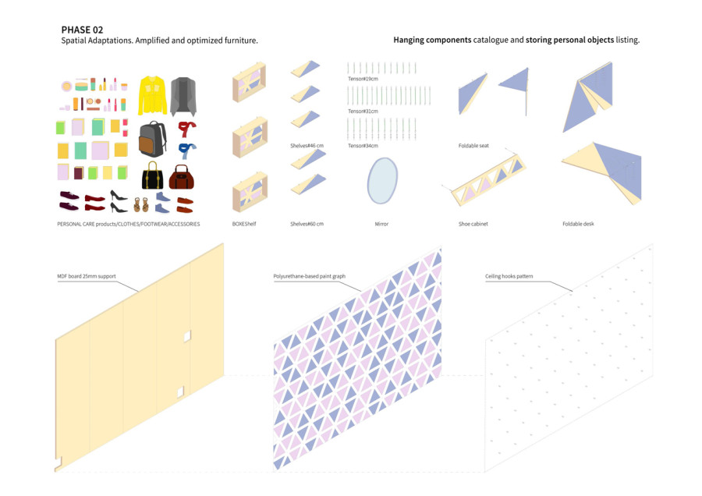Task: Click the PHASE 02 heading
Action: click(x=82, y=30)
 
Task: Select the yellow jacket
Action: click(x=152, y=95)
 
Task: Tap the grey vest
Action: click(x=183, y=96)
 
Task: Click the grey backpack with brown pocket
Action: click(x=153, y=140)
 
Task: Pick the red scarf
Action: click(x=187, y=129)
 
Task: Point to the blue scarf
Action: click(x=186, y=151)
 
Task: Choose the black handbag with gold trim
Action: click(x=152, y=175)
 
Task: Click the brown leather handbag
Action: click(x=181, y=177)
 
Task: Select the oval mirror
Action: click(x=382, y=180)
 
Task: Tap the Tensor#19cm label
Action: click(x=363, y=79)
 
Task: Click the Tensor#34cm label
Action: click(x=363, y=146)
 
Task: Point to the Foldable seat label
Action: click(x=473, y=146)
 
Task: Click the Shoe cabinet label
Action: click(x=473, y=224)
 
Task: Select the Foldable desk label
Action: click(x=578, y=224)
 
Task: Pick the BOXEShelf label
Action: click(x=244, y=224)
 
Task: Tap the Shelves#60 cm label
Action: click(x=307, y=224)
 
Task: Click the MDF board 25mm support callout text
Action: click(x=87, y=276)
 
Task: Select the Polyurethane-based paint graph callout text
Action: click(x=310, y=276)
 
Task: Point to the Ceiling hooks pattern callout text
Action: click(x=509, y=276)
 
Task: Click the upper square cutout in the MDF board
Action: click(x=187, y=336)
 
